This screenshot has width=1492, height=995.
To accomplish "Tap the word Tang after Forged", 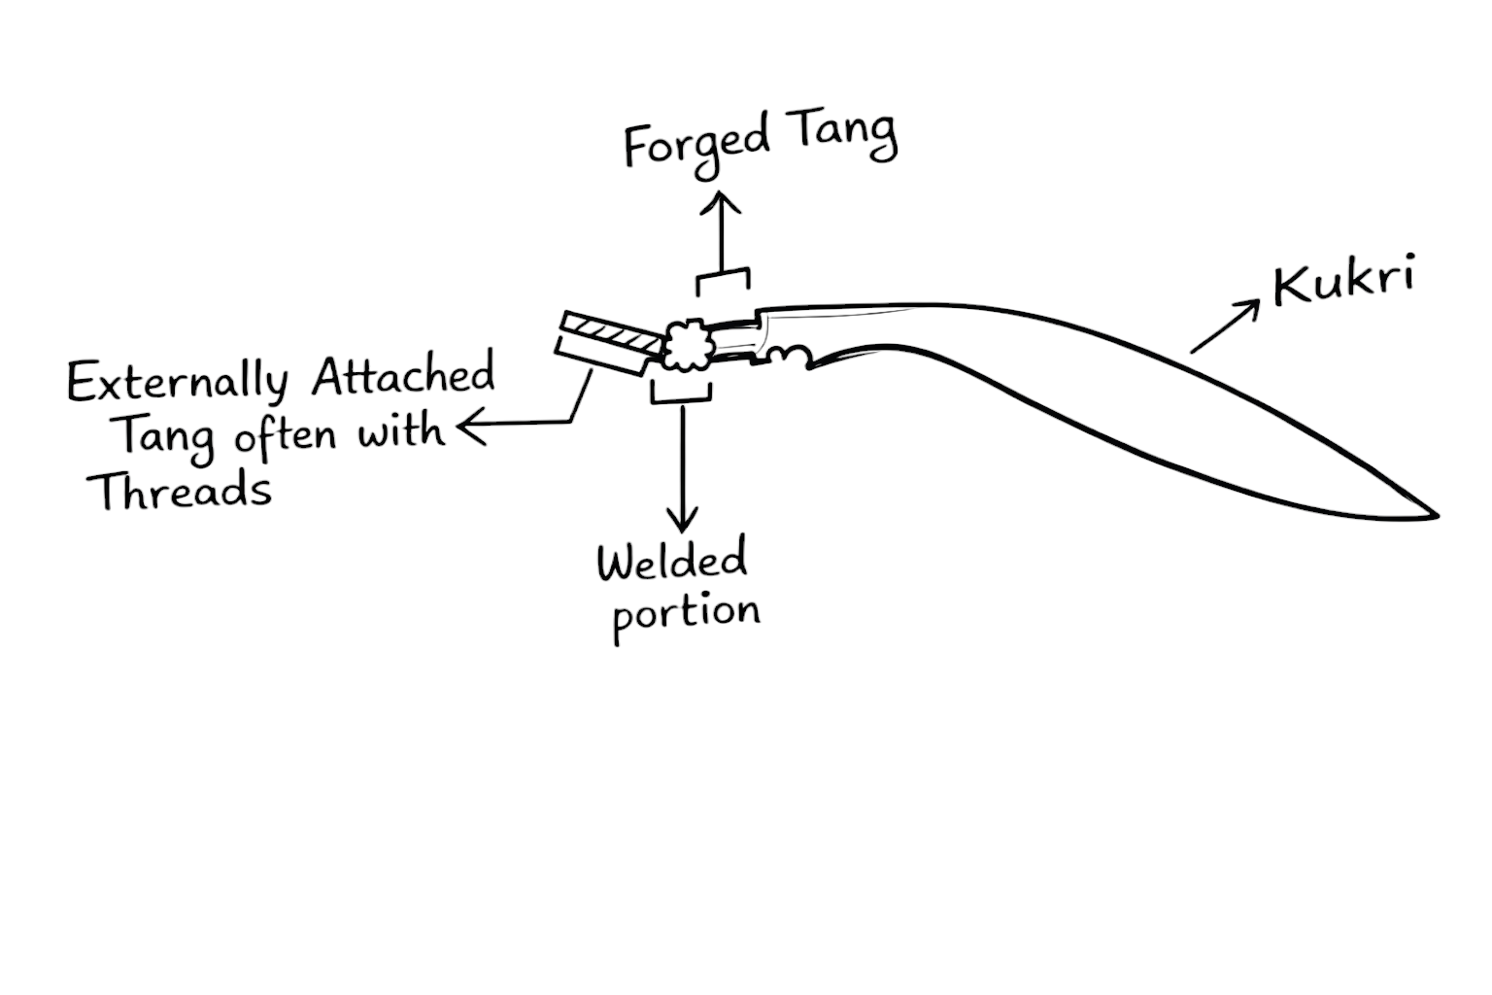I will click(x=842, y=136).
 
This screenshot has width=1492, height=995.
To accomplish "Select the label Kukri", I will click(x=1342, y=280).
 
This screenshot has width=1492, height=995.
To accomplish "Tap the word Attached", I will click(x=402, y=375).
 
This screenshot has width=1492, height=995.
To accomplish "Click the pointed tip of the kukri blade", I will click(x=1434, y=514).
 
